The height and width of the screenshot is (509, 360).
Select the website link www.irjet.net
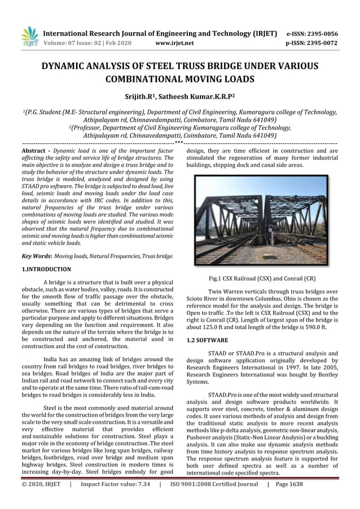click(x=177, y=42)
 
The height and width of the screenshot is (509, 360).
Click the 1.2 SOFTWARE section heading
click(x=207, y=341)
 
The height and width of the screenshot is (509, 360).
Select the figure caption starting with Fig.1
click(x=262, y=278)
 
